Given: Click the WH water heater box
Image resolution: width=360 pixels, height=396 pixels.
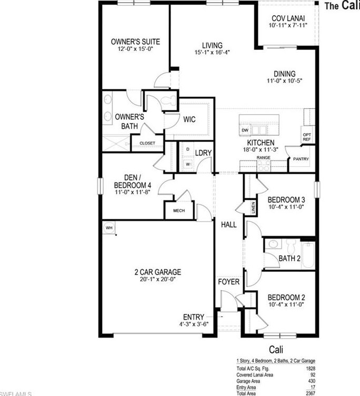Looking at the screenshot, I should (x=109, y=227).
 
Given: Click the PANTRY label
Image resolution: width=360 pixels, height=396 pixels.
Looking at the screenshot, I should (x=301, y=159).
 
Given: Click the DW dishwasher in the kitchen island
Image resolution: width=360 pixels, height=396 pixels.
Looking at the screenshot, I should (x=245, y=130).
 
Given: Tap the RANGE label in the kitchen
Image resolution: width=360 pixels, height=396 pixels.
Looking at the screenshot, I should (x=263, y=157).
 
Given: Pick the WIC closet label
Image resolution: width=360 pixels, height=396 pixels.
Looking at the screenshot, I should (x=189, y=120).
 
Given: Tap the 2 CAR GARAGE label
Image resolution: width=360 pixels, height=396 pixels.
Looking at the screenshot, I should (x=157, y=272).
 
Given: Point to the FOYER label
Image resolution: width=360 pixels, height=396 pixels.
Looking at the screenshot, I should (x=228, y=282).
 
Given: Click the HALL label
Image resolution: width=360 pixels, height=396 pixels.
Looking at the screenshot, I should (x=228, y=225).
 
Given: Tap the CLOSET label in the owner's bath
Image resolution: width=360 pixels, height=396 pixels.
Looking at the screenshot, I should (x=147, y=143).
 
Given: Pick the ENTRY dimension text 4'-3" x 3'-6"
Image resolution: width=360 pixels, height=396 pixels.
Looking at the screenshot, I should (x=193, y=324).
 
